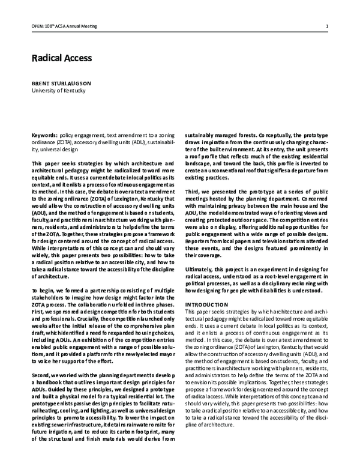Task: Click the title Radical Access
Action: point(61,58)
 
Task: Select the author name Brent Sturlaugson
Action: point(62,83)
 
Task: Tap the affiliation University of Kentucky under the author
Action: point(59,91)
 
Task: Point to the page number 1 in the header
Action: point(326,26)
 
